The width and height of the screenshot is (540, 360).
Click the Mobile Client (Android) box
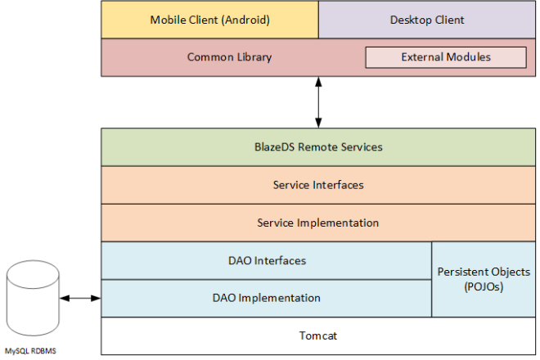tap(209, 20)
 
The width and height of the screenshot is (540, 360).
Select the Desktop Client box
tap(426, 20)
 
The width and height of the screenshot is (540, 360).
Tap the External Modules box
tap(445, 57)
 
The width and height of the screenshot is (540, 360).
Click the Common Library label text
tap(229, 57)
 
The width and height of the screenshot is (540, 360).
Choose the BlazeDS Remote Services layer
tap(318, 147)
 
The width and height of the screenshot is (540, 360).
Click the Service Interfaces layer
tap(318, 185)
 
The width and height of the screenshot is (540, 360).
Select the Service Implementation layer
tap(318, 223)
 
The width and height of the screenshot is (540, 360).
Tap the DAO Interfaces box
tap(267, 260)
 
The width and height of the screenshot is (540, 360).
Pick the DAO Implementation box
tap(267, 298)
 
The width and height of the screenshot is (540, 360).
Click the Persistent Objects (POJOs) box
tap(484, 279)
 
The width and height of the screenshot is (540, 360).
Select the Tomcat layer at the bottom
tap(318, 336)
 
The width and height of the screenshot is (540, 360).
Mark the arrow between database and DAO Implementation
tap(81, 299)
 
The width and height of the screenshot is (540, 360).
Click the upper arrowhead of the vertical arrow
tap(318, 82)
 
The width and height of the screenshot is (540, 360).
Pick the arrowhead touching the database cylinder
tap(66, 299)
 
